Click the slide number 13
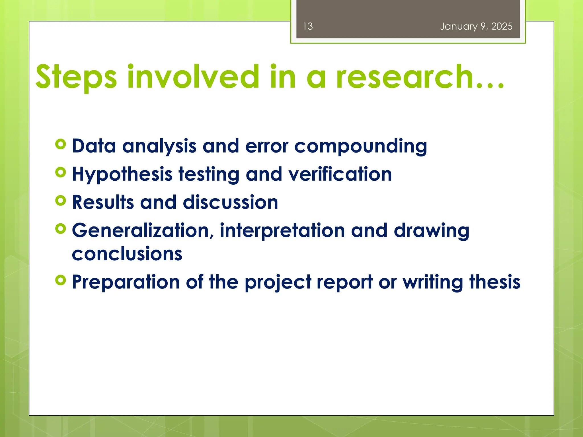(308, 26)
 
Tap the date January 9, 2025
(476, 26)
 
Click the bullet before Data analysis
(61, 144)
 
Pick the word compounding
(360, 146)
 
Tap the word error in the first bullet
(266, 146)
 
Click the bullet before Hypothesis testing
(61, 172)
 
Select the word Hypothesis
(122, 174)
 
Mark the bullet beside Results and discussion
(61, 200)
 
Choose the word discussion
(230, 202)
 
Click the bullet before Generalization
(61, 228)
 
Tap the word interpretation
(282, 230)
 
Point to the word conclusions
(127, 254)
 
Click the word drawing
(431, 230)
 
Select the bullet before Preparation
(61, 280)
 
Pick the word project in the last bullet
(278, 283)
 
